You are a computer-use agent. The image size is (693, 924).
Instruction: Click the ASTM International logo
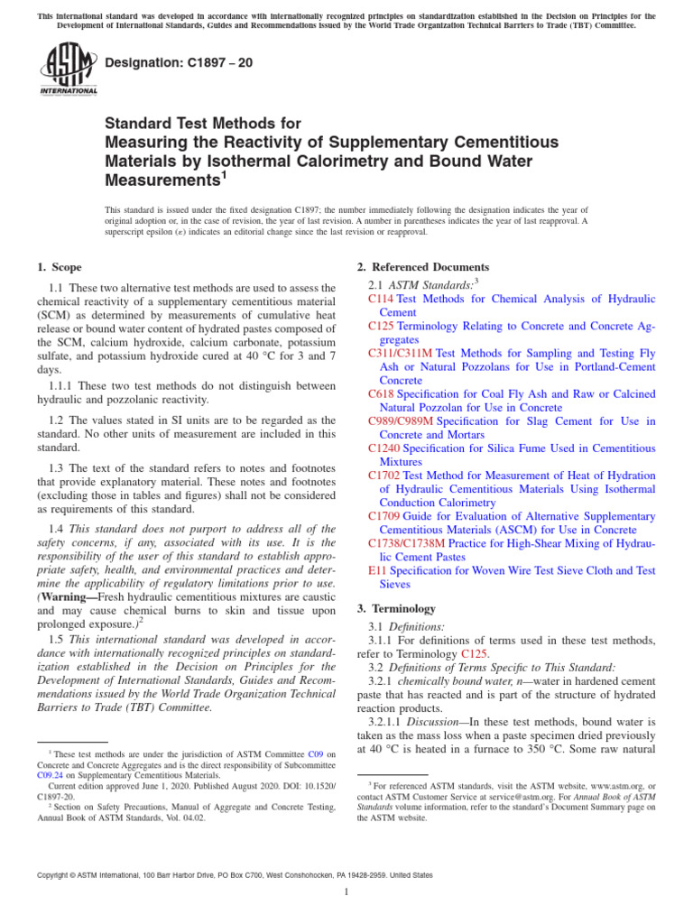[68, 71]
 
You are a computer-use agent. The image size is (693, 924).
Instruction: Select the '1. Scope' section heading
[59, 267]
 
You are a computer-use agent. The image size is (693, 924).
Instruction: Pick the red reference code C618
[382, 394]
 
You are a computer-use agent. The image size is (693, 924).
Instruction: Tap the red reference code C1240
[384, 448]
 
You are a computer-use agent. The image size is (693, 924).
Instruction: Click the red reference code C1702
[384, 476]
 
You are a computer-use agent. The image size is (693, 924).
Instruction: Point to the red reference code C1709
[384, 516]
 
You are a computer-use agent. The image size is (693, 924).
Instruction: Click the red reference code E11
[376, 570]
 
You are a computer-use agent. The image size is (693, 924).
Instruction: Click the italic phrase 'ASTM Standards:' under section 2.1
[430, 284]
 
